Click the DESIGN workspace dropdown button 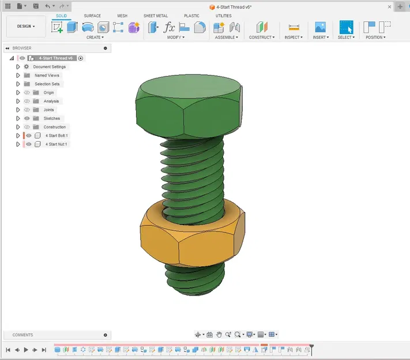click(x=26, y=26)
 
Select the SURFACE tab click(x=92, y=16)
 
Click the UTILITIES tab click(x=223, y=16)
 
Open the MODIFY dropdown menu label click(x=175, y=37)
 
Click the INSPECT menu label click(x=294, y=37)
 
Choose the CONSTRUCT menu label click(x=261, y=37)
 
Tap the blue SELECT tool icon click(x=346, y=27)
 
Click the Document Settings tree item click(x=49, y=67)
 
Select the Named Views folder click(x=46, y=75)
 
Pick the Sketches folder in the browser click(x=51, y=119)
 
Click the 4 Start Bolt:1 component click(x=56, y=136)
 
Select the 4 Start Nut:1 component click(x=56, y=145)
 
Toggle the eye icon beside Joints click(x=27, y=110)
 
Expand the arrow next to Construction click(x=18, y=127)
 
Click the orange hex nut click(x=190, y=236)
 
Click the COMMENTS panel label click(x=23, y=335)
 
